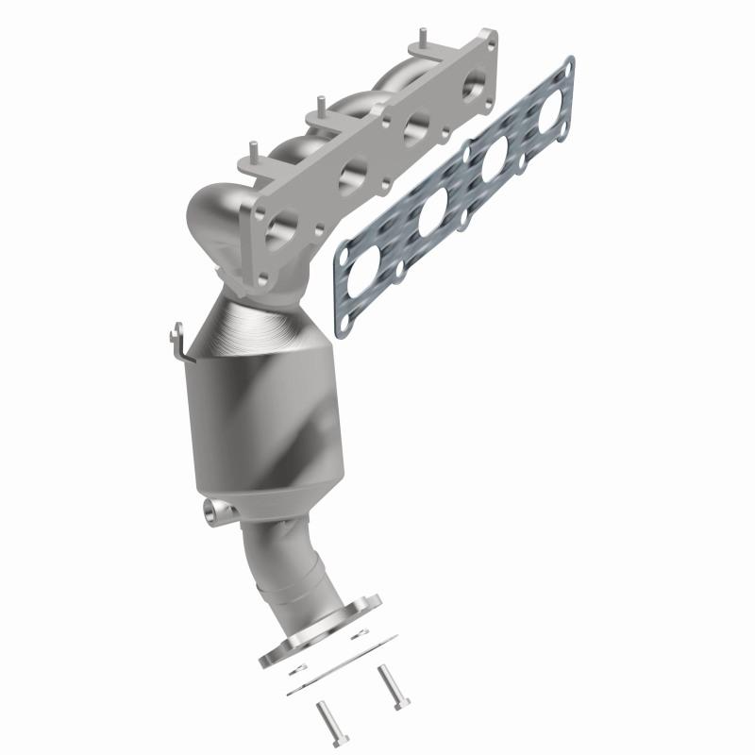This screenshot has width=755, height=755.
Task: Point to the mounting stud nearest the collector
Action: (x=253, y=148)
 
